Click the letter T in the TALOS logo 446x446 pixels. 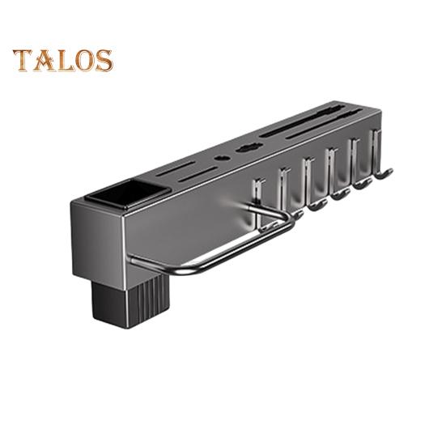tap(23, 60)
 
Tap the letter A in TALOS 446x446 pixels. tap(43, 60)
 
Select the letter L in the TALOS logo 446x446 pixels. tap(65, 61)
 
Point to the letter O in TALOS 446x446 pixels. tap(85, 61)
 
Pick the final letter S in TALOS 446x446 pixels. tap(104, 61)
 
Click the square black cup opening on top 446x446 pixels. tap(127, 194)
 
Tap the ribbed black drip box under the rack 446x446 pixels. tap(130, 302)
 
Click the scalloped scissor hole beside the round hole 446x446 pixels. tap(250, 147)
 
